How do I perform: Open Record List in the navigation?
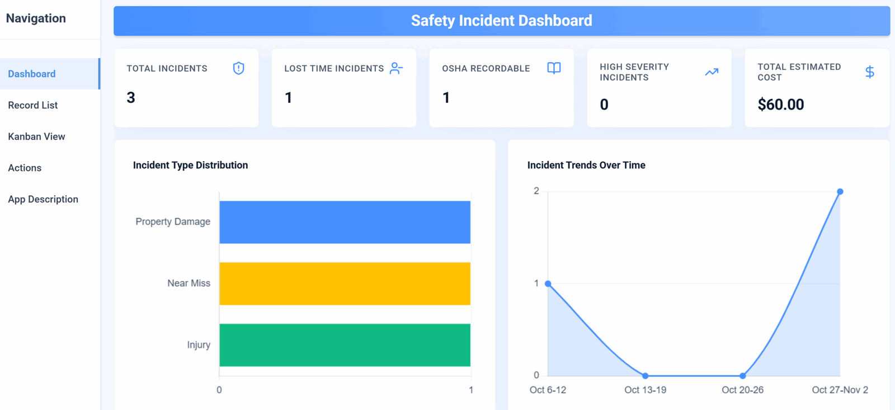pos(33,105)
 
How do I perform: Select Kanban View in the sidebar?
pos(36,136)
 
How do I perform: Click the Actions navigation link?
pos(25,168)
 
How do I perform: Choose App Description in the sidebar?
pos(43,199)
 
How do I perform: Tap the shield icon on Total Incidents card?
pos(238,68)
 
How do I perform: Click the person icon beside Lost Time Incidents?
pos(396,68)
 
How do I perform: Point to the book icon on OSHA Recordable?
pos(554,68)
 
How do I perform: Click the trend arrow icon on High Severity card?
pos(712,72)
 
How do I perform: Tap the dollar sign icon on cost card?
pos(870,72)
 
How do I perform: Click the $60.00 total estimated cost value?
pos(781,104)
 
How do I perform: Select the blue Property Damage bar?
pos(345,222)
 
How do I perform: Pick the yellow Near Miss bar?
pos(345,284)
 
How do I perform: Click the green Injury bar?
pos(345,345)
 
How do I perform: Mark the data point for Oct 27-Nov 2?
pos(840,192)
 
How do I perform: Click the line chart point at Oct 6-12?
pos(548,284)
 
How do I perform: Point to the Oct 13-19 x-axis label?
pos(646,390)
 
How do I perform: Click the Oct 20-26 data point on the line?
pos(742,376)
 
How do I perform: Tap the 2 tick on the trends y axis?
pos(536,191)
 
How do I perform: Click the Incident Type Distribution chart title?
pos(191,165)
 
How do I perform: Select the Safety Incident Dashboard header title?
pos(501,21)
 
